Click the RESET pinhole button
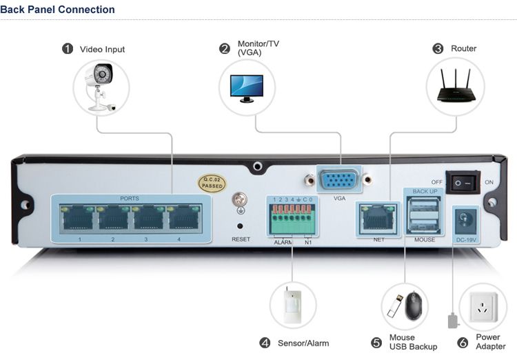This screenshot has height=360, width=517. tap(240, 226)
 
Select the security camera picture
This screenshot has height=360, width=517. tap(101, 86)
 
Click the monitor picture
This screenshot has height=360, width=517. tap(246, 86)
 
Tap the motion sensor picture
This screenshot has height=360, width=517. tap(292, 305)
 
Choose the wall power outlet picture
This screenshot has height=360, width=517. tap(485, 306)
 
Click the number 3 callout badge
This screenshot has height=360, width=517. tap(438, 49)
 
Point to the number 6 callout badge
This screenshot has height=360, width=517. tap(463, 342)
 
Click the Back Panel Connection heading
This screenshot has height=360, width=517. tap(57, 10)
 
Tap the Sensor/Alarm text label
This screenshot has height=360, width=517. tap(303, 343)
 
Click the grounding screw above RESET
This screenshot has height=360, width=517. tap(240, 201)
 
